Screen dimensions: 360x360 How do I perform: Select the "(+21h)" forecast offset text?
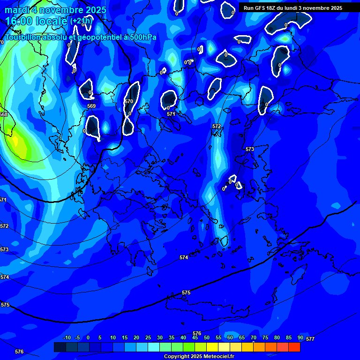pos(81,21)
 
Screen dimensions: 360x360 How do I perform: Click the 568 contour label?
pos(3,114)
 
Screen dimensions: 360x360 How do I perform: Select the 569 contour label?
pos(91,106)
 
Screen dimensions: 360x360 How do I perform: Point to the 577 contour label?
pos(310,338)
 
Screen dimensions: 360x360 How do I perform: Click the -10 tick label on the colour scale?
pos(67,338)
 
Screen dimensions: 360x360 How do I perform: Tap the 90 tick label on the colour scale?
pos(300,338)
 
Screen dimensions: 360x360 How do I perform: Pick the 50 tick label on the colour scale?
pos(207,338)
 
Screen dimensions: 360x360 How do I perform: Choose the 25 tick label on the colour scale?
pos(148,338)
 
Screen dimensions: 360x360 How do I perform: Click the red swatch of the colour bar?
pos(294,347)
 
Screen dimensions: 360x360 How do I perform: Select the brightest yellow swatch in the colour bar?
pos(212,347)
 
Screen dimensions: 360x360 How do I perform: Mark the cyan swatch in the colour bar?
pos(154,347)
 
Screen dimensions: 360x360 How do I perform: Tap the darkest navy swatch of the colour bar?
pos(60,347)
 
